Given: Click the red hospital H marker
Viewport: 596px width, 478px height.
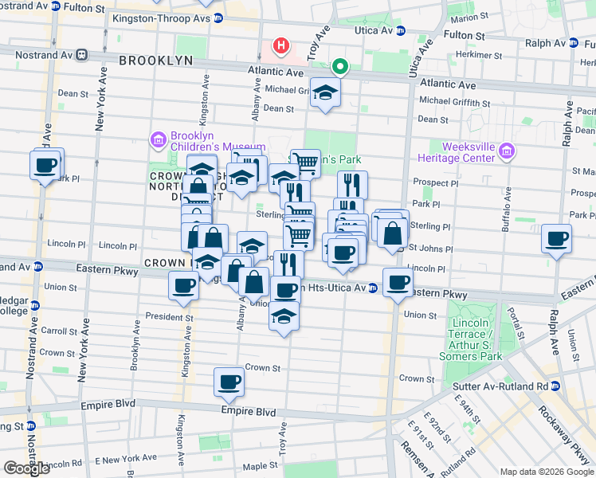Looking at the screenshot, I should click(280, 46).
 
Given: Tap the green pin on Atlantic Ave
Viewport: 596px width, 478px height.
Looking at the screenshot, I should click(340, 67).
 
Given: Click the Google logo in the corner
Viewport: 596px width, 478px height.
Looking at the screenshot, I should click(26, 468).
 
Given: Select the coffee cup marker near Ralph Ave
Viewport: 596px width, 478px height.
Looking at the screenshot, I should click(556, 238).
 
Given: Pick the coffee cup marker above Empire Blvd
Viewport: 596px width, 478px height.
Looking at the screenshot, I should click(229, 382).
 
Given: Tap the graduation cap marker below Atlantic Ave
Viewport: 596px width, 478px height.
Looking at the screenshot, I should click(325, 93).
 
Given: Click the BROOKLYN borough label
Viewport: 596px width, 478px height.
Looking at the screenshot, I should click(156, 60).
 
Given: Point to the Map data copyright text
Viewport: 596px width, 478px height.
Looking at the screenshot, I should click(546, 472).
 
